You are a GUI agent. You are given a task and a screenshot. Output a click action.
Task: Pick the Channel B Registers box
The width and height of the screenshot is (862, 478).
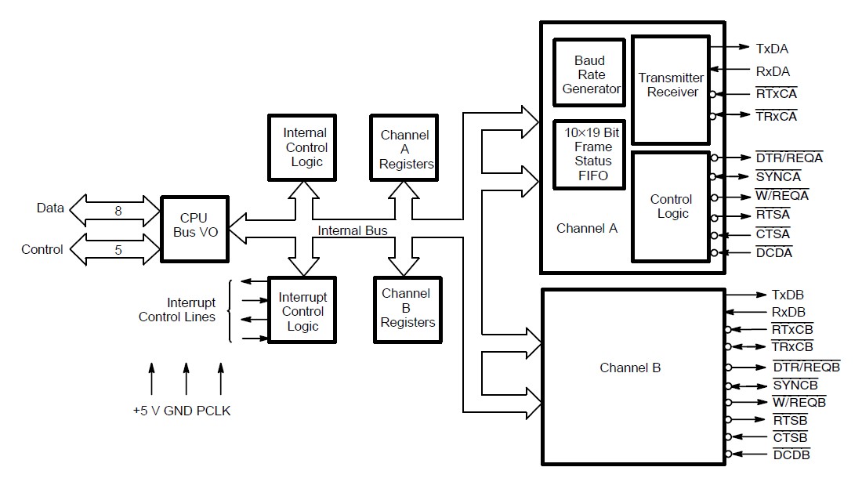(407, 308)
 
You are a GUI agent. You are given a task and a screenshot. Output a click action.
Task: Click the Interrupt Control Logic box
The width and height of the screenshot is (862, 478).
(302, 312)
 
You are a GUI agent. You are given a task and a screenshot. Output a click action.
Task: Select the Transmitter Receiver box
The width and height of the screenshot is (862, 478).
(671, 85)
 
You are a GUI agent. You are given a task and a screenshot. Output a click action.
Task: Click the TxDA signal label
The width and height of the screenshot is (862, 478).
(772, 49)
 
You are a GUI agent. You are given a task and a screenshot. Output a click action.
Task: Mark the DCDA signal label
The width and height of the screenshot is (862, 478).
(773, 252)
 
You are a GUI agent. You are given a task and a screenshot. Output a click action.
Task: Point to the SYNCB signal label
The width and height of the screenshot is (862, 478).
(795, 385)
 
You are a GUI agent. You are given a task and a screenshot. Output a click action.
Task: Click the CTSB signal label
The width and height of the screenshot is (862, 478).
(789, 437)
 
